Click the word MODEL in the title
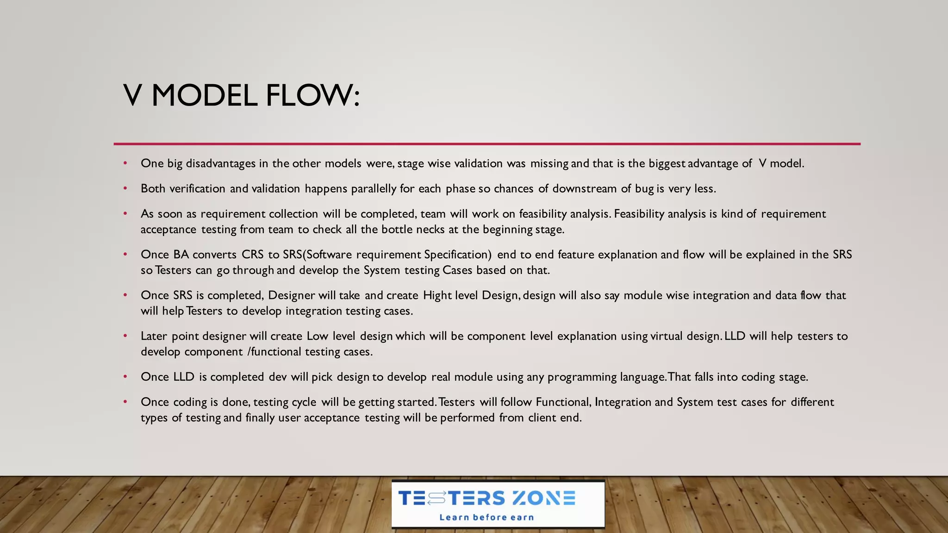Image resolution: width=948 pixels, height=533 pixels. click(x=204, y=96)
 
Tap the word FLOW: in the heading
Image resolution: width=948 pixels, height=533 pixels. click(x=312, y=96)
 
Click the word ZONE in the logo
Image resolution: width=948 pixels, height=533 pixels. click(x=544, y=498)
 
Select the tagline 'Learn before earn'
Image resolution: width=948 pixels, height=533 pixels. click(x=486, y=517)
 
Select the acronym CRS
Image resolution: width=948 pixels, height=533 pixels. click(x=252, y=255)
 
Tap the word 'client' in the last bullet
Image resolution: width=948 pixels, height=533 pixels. click(x=542, y=418)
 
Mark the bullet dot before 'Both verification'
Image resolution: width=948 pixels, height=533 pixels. click(x=125, y=188)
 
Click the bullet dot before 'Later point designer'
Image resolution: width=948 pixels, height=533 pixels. click(x=125, y=336)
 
